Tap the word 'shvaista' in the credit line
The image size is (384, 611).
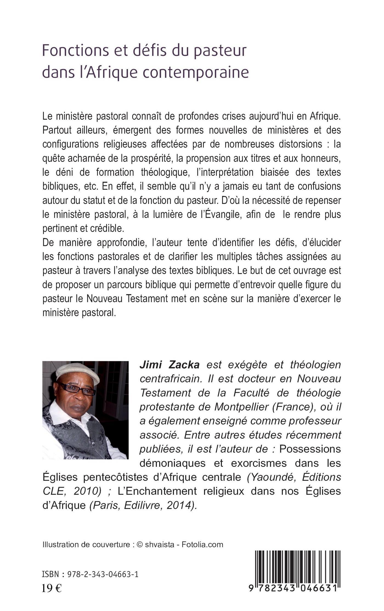(x=160, y=544)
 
